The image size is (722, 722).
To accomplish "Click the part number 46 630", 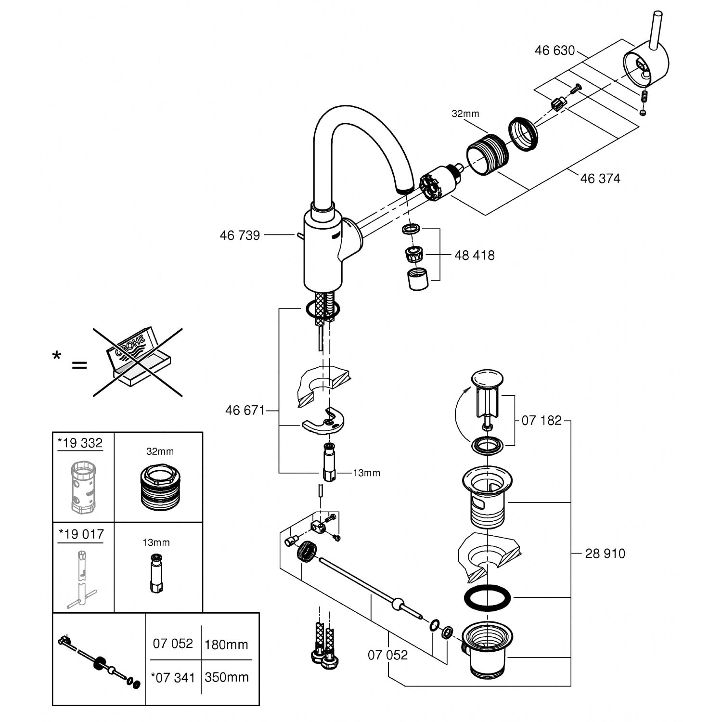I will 554,51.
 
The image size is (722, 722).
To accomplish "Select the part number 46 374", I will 600,179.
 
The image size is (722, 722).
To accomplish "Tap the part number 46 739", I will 240,235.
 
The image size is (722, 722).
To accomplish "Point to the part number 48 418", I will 474,255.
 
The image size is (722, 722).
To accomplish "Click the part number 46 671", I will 245,411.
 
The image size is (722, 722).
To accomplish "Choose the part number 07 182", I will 541,421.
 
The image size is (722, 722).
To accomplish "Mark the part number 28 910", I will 605,554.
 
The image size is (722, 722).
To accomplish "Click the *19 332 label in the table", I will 80,443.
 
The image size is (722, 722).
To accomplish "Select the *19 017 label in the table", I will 81,534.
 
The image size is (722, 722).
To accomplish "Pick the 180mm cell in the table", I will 226,645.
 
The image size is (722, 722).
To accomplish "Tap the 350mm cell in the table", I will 226,677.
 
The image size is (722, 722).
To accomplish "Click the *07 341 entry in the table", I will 173,678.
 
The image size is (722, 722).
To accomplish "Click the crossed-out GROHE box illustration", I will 137,362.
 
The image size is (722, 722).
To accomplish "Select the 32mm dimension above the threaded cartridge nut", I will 465,114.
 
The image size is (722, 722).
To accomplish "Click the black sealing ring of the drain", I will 487,598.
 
